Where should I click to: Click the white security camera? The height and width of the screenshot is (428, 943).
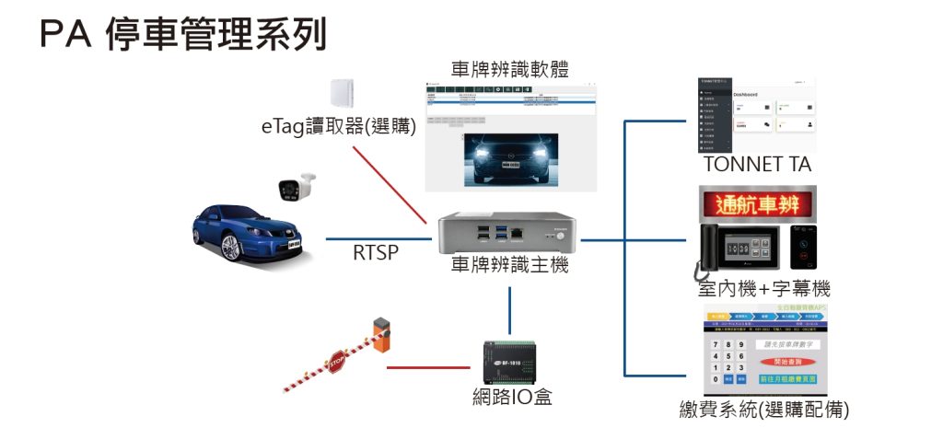click(x=297, y=185)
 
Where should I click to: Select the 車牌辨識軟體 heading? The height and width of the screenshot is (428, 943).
click(x=509, y=69)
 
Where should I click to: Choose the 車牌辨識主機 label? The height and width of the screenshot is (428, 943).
click(x=509, y=266)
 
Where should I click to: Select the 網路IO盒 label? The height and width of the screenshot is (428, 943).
click(x=511, y=399)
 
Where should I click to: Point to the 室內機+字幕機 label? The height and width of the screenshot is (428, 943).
click(x=763, y=288)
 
